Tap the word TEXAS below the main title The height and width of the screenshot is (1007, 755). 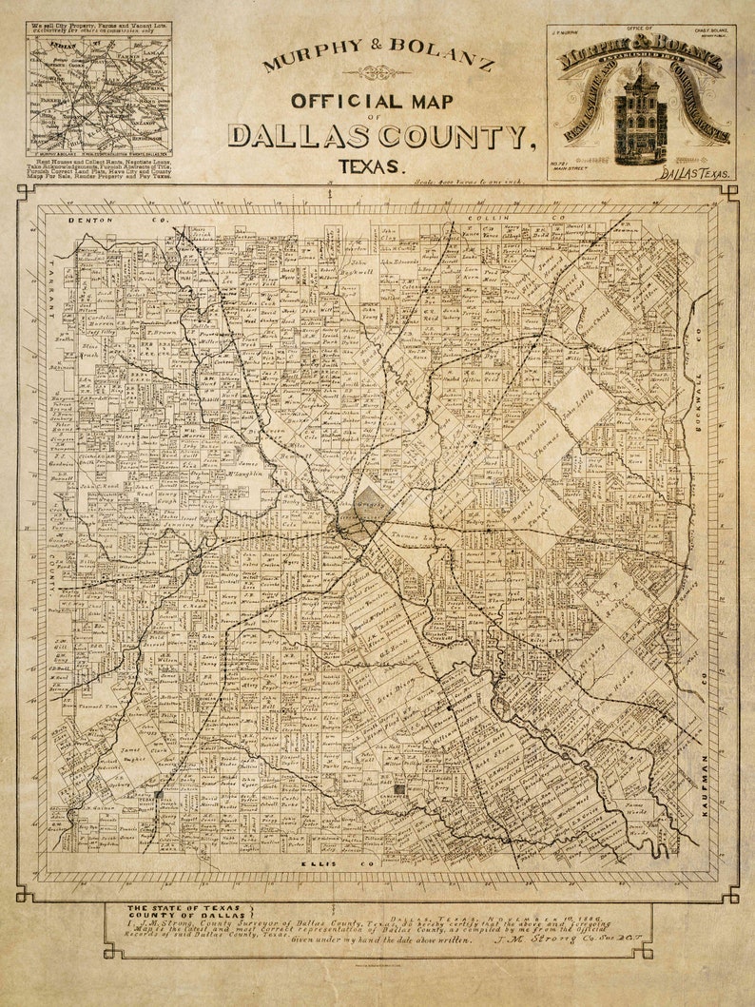tap(371, 166)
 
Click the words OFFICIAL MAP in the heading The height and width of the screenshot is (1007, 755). tap(373, 101)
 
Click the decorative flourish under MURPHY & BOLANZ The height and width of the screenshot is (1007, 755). tap(377, 71)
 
